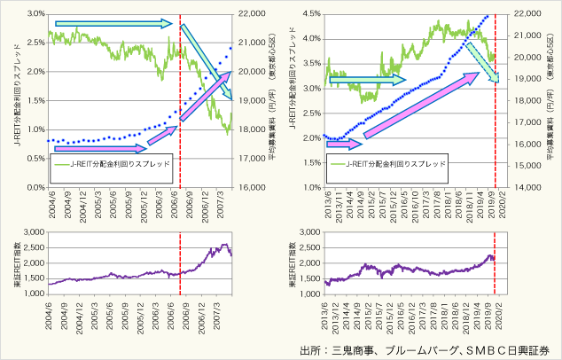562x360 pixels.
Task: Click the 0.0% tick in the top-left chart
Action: [x=34, y=188]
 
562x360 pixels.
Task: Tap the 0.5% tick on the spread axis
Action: [x=34, y=159]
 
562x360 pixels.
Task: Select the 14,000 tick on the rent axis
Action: [x=529, y=188]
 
